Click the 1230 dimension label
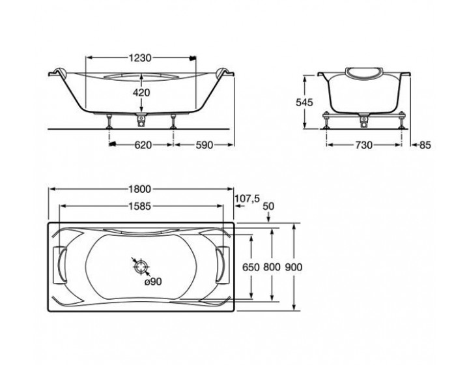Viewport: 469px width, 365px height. (x=139, y=58)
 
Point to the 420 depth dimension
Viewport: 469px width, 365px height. (x=142, y=93)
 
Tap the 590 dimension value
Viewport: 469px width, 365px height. (x=205, y=145)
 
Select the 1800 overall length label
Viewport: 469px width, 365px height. (x=139, y=190)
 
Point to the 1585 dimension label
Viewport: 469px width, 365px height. (x=139, y=207)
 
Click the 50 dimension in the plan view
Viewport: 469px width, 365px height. (x=267, y=207)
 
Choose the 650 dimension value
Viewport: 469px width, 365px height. (x=251, y=267)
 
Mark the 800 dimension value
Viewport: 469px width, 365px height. (x=273, y=267)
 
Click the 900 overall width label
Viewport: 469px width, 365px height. (x=294, y=267)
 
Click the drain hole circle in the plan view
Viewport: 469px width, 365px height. (x=141, y=267)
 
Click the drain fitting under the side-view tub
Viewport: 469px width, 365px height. (x=141, y=119)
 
